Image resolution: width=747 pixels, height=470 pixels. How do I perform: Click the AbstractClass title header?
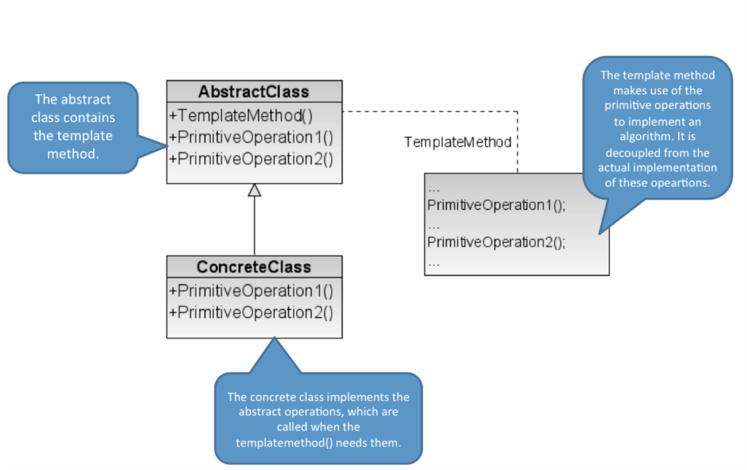[254, 92]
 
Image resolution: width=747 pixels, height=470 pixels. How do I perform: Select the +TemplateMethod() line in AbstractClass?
[241, 115]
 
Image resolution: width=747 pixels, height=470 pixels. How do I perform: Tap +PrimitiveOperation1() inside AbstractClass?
[251, 137]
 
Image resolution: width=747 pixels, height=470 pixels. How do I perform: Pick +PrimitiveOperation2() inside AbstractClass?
[251, 158]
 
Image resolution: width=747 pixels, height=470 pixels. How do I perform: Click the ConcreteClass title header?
[254, 267]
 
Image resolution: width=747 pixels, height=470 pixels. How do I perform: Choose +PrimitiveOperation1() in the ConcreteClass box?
[251, 290]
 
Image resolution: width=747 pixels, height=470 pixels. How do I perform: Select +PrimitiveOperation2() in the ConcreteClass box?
[251, 312]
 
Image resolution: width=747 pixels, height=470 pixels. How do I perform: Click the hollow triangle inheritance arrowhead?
[254, 190]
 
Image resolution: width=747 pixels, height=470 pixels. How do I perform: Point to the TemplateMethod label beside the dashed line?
[457, 142]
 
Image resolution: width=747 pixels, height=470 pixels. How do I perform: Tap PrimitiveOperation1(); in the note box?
[496, 205]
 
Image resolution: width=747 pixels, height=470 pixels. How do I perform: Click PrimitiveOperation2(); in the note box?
[496, 242]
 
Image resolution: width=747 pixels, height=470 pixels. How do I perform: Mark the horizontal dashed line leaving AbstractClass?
[430, 112]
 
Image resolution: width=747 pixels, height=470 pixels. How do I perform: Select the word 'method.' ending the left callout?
[73, 154]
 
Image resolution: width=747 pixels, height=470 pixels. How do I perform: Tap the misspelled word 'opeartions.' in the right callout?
[680, 183]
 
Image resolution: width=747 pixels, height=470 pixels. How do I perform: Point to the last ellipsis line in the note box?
[434, 262]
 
